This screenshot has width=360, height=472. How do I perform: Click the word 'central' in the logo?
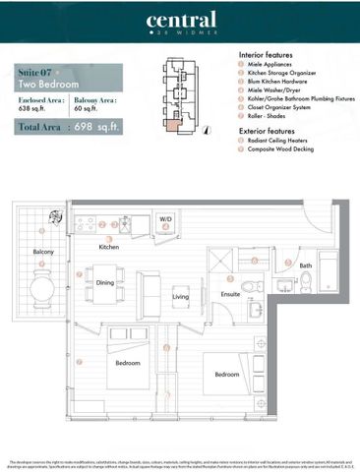(180, 21)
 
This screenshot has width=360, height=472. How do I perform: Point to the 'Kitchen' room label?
(108, 248)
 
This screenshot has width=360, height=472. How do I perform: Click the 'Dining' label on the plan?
(105, 283)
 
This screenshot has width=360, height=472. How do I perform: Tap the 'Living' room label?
(181, 296)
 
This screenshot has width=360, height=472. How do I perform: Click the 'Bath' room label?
(305, 265)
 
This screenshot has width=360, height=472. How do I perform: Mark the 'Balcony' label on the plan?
(42, 252)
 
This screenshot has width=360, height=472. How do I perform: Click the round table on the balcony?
(43, 290)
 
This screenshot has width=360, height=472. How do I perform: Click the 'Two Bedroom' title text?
(49, 85)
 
